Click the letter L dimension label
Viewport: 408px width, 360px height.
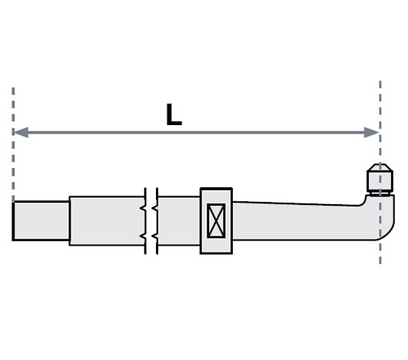174,114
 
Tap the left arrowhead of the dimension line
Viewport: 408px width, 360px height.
21,132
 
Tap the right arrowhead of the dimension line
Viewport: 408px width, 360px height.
371,132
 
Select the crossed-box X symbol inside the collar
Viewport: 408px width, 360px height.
216,220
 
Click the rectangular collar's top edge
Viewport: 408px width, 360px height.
216,189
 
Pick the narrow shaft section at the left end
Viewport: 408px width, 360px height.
41,220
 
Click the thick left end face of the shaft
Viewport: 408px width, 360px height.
13,220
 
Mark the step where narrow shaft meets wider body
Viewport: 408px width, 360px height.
69,220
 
